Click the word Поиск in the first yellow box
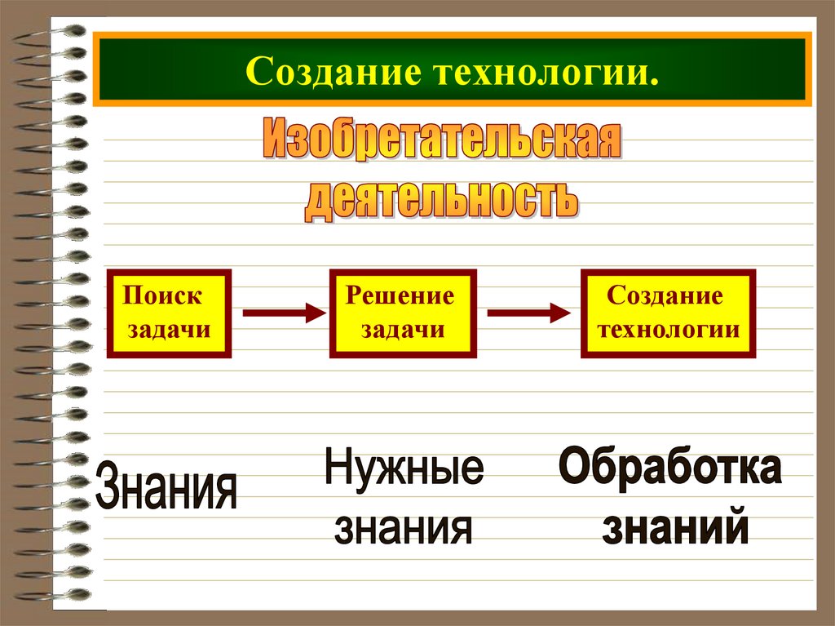162,295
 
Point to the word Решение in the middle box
400,295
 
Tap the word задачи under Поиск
169,329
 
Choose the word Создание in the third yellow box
665,295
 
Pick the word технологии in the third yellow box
668,329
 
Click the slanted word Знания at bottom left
166,486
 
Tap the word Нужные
404,472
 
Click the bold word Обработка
669,471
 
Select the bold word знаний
676,527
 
